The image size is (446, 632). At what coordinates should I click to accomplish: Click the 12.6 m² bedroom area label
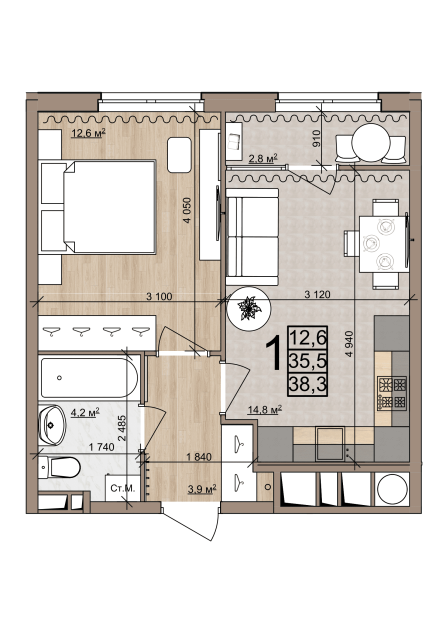88,133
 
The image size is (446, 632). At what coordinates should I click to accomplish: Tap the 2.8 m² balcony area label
263,158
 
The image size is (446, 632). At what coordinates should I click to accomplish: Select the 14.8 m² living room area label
264,410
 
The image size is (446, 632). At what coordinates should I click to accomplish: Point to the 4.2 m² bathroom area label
85,412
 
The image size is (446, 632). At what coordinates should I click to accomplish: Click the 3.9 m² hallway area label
202,489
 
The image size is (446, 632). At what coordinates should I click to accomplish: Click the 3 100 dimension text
159,297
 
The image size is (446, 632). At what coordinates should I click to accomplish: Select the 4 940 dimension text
349,343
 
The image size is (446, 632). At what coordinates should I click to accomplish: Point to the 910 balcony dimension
316,138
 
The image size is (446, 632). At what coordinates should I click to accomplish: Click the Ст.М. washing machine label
122,488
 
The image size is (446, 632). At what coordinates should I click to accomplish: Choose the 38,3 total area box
307,385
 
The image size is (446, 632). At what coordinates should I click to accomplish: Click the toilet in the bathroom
59,467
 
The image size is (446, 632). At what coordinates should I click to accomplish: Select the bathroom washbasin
52,425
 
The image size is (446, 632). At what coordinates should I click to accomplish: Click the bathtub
89,378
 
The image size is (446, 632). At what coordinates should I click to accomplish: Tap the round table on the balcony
371,143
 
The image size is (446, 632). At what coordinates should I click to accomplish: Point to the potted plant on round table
249,309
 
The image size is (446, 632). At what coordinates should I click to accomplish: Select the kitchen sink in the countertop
330,444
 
